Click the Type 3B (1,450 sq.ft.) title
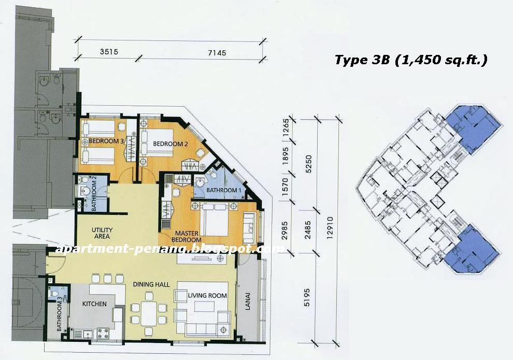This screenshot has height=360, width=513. (411, 60)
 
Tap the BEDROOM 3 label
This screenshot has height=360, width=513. (106, 141)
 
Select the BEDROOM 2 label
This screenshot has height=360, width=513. (170, 143)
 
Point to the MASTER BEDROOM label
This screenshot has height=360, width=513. (187, 236)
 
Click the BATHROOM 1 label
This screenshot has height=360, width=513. (224, 190)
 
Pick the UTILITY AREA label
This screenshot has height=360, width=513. (102, 233)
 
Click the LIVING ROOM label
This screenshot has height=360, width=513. (207, 295)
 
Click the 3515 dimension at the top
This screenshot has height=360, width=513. (108, 52)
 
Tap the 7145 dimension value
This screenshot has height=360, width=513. (216, 52)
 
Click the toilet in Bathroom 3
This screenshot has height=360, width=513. (56, 295)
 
